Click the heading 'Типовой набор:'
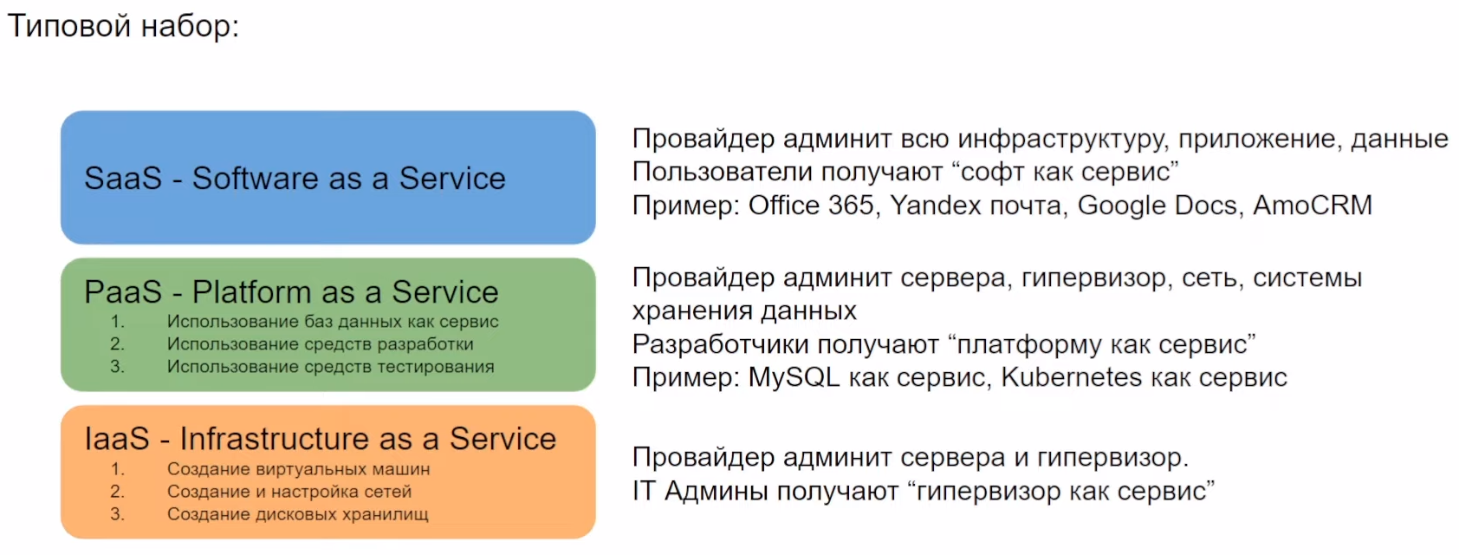[x=123, y=27]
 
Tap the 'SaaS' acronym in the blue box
[x=123, y=178]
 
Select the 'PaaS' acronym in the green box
[x=123, y=291]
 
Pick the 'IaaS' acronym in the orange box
[x=117, y=438]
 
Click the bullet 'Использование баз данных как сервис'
[x=333, y=322]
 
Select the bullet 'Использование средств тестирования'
[x=330, y=367]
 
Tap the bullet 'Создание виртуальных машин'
[x=298, y=469]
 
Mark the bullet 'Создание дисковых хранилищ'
[x=298, y=514]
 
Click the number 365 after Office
[x=851, y=206]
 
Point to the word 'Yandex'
[x=936, y=206]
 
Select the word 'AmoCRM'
[x=1313, y=206]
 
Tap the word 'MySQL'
[x=794, y=377]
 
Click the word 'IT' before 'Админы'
[x=643, y=491]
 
